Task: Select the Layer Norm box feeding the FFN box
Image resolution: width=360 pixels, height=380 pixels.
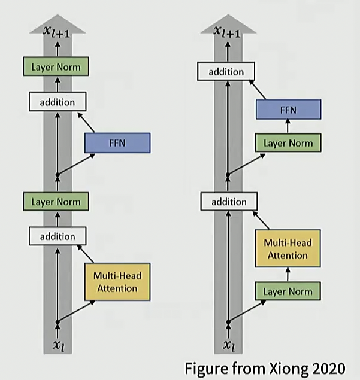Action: pyautogui.click(x=288, y=143)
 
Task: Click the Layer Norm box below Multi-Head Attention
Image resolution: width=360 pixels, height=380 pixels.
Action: pyautogui.click(x=288, y=291)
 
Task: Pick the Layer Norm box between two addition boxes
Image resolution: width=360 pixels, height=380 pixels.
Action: pyautogui.click(x=56, y=202)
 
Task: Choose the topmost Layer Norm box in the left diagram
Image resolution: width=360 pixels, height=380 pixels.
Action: pyautogui.click(x=56, y=66)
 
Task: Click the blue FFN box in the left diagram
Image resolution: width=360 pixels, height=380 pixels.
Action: pyautogui.click(x=117, y=142)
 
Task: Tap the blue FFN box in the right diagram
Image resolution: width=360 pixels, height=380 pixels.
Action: pyautogui.click(x=288, y=110)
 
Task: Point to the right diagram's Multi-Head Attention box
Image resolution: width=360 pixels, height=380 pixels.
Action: pyautogui.click(x=288, y=249)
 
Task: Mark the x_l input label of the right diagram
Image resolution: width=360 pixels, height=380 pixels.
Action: pyautogui.click(x=228, y=345)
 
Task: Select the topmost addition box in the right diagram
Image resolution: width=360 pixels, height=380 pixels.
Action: pyautogui.click(x=226, y=72)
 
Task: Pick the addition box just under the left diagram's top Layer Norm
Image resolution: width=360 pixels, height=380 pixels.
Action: pyautogui.click(x=58, y=102)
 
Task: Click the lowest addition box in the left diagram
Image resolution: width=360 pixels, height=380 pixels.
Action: pyautogui.click(x=58, y=236)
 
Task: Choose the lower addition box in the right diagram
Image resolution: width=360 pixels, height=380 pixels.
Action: pyautogui.click(x=228, y=202)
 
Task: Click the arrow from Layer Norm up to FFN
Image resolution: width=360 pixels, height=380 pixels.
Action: pyautogui.click(x=288, y=126)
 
